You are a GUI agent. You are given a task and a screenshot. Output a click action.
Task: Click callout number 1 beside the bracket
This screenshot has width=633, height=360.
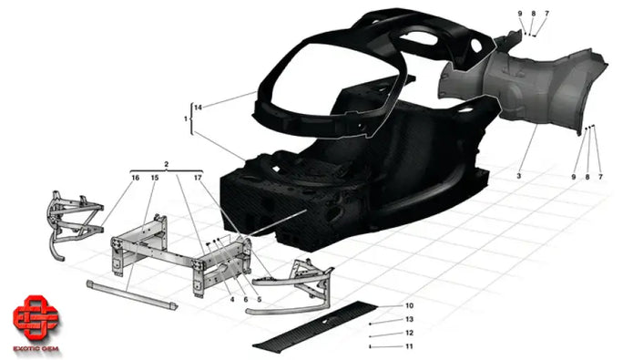(x=185, y=119)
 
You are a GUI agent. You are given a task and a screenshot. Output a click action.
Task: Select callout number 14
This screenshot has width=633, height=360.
(x=198, y=108)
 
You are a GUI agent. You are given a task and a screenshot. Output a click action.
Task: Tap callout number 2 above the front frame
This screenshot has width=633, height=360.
(x=167, y=164)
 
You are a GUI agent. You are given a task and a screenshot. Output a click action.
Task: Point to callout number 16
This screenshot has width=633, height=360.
(x=135, y=178)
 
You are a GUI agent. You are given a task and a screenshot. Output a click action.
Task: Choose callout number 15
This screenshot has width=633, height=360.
(x=154, y=178)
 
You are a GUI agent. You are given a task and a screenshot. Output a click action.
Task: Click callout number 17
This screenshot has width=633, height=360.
(x=197, y=178)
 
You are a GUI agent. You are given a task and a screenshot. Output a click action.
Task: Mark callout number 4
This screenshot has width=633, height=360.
(x=232, y=299)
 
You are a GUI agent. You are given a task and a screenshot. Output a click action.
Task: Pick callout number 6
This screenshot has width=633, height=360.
(x=245, y=299)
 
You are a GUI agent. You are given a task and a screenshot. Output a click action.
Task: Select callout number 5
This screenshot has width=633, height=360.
(x=259, y=299)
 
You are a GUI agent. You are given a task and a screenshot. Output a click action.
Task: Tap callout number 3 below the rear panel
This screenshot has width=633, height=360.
(x=518, y=173)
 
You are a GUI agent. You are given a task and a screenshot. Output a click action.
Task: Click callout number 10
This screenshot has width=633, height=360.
(x=409, y=306)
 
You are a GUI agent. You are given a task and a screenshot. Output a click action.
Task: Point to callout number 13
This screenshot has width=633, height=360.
(x=409, y=320)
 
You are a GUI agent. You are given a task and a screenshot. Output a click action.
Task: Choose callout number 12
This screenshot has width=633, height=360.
(x=409, y=334)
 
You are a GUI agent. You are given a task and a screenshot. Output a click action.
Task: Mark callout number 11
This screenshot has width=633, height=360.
(x=409, y=347)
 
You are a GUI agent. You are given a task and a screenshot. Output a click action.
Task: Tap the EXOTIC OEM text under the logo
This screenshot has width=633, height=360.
(x=35, y=346)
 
